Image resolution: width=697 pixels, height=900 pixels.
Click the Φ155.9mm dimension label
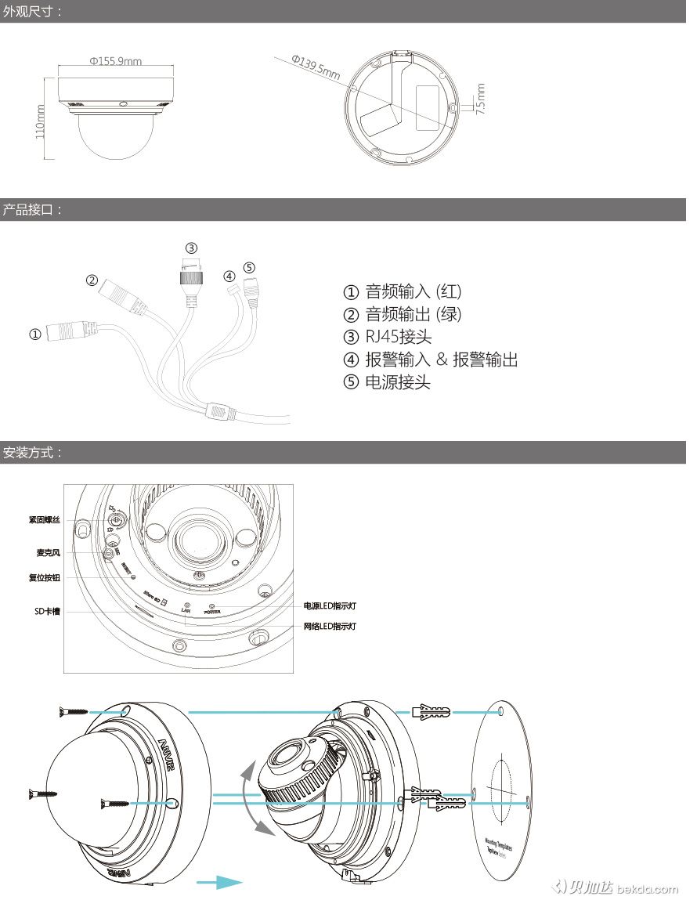(115, 61)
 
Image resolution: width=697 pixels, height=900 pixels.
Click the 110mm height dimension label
(40, 121)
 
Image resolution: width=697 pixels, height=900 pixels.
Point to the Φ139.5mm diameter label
(316, 67)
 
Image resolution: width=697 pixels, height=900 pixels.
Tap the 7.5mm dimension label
(480, 99)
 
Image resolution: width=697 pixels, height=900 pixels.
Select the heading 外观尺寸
(32, 11)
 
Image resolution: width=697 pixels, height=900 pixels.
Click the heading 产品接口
(32, 210)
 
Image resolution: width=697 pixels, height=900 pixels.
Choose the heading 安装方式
(32, 453)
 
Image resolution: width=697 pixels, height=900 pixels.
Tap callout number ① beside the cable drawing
(35, 334)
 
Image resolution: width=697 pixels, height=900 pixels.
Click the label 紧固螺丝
(44, 519)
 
